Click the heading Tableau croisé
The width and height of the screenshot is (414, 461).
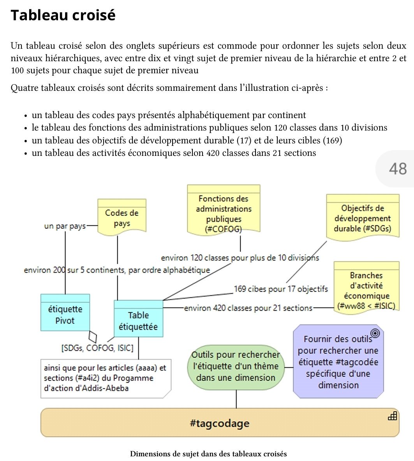click(63, 15)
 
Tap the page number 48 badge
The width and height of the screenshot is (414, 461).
click(397, 169)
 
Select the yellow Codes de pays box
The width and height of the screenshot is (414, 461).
click(122, 218)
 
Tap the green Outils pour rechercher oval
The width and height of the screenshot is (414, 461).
click(236, 367)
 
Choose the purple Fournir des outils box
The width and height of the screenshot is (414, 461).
click(338, 362)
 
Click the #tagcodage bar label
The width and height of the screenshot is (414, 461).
click(220, 423)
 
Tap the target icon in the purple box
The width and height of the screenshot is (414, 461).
click(375, 333)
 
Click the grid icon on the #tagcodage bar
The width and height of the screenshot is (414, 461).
click(392, 416)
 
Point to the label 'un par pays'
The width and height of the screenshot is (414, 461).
click(65, 226)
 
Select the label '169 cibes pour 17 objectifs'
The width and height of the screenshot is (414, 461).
click(281, 289)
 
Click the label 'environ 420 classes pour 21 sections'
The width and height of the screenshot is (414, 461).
click(248, 308)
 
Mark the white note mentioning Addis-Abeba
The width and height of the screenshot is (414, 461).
click(106, 378)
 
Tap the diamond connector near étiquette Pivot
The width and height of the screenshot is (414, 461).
click(93, 336)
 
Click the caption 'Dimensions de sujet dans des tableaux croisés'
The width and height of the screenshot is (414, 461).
click(208, 454)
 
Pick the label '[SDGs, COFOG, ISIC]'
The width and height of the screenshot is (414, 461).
click(97, 348)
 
